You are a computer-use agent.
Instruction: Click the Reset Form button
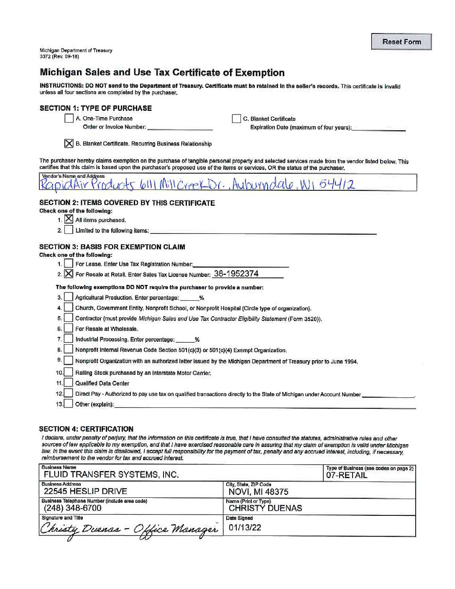pyautogui.click(x=401, y=42)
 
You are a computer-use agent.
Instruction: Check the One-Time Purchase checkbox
pyautogui.click(x=69, y=118)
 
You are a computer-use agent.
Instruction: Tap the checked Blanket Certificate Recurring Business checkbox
pyautogui.click(x=69, y=143)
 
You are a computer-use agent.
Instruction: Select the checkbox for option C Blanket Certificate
pyautogui.click(x=236, y=119)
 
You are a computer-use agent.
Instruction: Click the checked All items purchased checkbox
pyautogui.click(x=69, y=219)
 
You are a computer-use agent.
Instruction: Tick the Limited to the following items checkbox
pyautogui.click(x=69, y=230)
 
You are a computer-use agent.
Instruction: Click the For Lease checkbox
pyautogui.click(x=69, y=264)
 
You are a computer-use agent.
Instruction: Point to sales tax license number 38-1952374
pyautogui.click(x=236, y=274)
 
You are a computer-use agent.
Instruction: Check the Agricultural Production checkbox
pyautogui.click(x=69, y=297)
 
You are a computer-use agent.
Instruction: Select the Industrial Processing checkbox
pyautogui.click(x=69, y=339)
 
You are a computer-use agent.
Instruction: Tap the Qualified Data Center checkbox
pyautogui.click(x=69, y=383)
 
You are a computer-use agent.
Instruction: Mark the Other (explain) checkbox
pyautogui.click(x=69, y=404)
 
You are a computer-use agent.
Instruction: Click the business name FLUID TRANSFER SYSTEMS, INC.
pyautogui.click(x=111, y=475)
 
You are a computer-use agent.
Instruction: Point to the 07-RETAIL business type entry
pyautogui.click(x=347, y=475)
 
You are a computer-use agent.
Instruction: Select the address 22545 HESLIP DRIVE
pyautogui.click(x=85, y=492)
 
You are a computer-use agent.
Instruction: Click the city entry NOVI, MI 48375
pyautogui.click(x=258, y=492)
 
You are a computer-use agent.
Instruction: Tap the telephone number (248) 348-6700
pyautogui.click(x=73, y=508)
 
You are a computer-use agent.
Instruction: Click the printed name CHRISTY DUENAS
pyautogui.click(x=265, y=508)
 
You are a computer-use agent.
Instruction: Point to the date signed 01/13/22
pyautogui.click(x=245, y=528)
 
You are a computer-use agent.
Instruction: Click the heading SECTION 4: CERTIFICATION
pyautogui.click(x=86, y=429)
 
